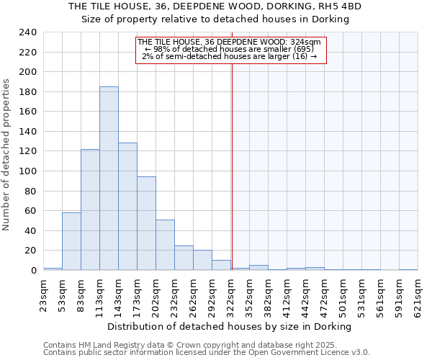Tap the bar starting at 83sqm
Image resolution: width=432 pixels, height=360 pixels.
[x=90, y=210]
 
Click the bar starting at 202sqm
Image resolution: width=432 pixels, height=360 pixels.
[x=165, y=245]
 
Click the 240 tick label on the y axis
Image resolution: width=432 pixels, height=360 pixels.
[x=27, y=32]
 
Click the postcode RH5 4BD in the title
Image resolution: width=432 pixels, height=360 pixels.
[x=339, y=6]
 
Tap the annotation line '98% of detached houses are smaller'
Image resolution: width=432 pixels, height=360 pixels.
[x=230, y=49]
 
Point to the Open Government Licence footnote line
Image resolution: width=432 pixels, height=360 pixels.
[x=206, y=353]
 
